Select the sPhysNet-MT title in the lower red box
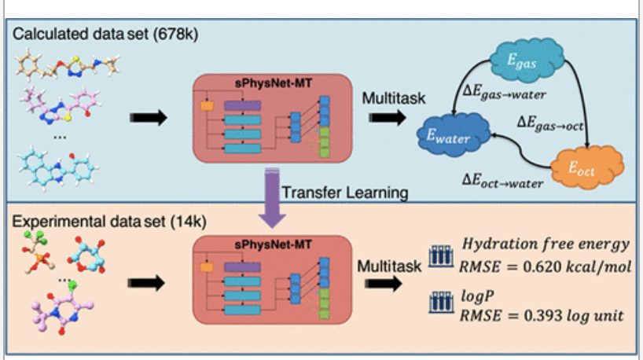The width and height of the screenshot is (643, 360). point(271,245)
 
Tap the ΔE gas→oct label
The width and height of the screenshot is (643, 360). point(554,123)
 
